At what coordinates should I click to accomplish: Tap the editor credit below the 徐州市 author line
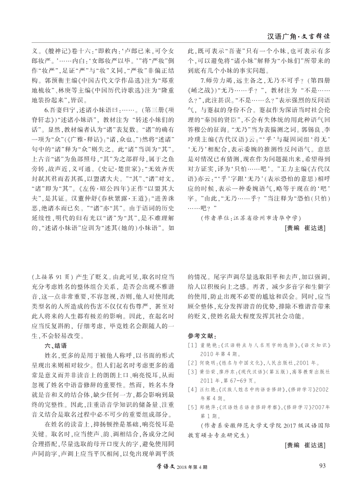(x=304, y=227)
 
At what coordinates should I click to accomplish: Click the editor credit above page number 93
(x=304, y=444)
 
